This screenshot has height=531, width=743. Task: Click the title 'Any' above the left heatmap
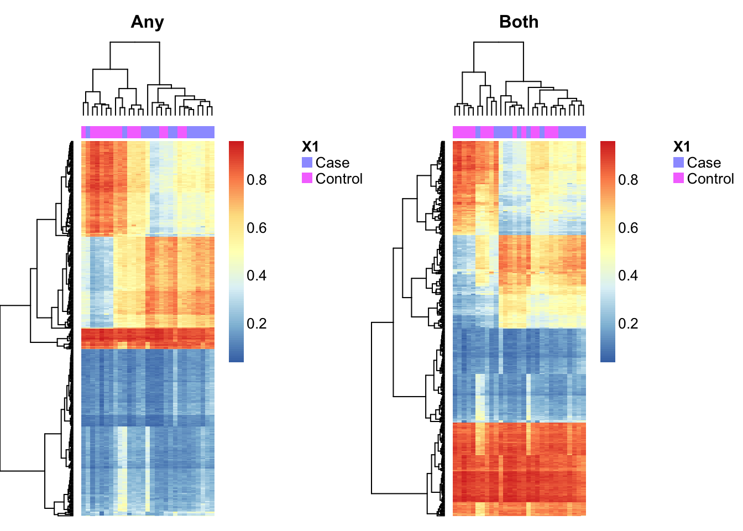(147, 23)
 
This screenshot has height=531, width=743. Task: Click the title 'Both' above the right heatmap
(519, 22)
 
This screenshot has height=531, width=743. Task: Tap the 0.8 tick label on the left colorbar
(257, 180)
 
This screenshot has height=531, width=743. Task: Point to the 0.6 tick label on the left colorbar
(257, 228)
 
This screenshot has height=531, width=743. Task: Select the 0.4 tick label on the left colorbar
(257, 275)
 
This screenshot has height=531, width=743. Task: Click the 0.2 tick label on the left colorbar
(257, 324)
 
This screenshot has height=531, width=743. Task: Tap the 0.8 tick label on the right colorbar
(628, 180)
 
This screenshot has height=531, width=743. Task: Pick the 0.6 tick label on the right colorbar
(628, 228)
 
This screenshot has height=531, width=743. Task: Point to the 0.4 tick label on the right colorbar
(628, 275)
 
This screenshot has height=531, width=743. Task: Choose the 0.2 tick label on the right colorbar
(628, 324)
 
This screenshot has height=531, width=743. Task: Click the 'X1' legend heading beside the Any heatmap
(310, 147)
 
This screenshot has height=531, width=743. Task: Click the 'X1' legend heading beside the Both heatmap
(682, 147)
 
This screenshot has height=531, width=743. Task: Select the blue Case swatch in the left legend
(307, 162)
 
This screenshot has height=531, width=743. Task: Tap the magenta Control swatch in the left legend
(307, 178)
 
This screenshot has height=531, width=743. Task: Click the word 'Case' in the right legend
(704, 163)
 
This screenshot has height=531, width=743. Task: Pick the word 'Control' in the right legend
(710, 179)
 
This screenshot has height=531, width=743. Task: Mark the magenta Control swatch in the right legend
(678, 178)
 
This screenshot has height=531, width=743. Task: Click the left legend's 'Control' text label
(339, 179)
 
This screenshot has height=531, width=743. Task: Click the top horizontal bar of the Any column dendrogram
(135, 42)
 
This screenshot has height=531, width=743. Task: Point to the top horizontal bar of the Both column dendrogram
(499, 42)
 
